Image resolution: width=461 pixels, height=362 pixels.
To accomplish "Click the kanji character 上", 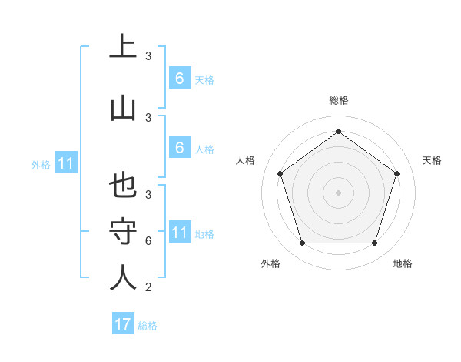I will point(123,48).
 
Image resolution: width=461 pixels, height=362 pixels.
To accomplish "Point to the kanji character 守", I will point(123,231).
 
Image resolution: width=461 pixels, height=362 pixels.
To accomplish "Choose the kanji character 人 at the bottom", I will point(123,277).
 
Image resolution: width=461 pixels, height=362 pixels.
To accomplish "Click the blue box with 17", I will point(123,324).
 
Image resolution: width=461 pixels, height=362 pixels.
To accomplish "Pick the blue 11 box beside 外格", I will point(65,163).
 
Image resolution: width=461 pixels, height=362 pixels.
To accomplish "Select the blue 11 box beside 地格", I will point(179,233).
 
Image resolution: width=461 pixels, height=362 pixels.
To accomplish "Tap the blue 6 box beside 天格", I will point(179,79).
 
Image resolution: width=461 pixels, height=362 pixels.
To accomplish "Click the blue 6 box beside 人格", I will point(179,148).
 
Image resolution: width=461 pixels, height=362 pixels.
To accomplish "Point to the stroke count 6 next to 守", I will point(148,241).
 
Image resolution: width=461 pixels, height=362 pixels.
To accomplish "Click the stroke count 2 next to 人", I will point(148,287).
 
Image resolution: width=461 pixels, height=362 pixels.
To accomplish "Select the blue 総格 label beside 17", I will point(148,326).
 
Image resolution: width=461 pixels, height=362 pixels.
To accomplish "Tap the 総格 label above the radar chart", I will point(338,100).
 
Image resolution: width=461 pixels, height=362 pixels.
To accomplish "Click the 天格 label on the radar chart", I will point(432,160).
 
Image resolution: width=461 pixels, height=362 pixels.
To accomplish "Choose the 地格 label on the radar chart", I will point(403,263).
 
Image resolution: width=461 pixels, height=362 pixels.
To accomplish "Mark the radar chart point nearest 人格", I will point(280,173).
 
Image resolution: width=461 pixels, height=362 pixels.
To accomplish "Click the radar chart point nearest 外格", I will point(302,243).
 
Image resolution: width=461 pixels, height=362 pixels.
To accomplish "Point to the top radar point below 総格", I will point(338,131).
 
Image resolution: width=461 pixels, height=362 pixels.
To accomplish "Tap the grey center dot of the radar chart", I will point(338,193).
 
